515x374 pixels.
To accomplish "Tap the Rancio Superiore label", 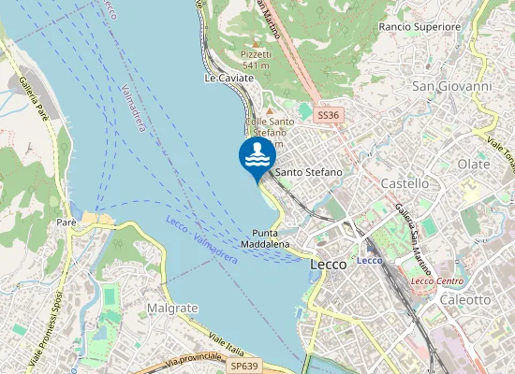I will tap(420, 27).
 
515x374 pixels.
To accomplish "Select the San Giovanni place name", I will tap(451, 86).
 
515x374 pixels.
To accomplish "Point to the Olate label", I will tap(473, 164).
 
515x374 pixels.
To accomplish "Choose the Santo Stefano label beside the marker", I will tap(308, 173).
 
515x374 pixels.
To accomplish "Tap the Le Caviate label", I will tap(228, 79).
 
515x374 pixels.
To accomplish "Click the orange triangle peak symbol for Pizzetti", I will tap(256, 44).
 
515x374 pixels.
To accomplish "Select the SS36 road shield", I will tap(326, 115).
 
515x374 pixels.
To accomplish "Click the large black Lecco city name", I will tap(327, 265).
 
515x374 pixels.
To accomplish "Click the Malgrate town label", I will tap(172, 308).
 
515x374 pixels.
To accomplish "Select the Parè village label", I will tap(66, 223).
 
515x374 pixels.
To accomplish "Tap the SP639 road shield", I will tap(243, 366).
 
